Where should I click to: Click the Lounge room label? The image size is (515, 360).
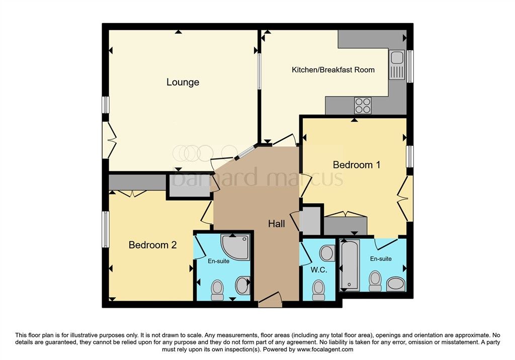183,82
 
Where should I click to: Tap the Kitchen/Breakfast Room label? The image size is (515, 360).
333,69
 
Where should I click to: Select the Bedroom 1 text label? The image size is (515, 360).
357,164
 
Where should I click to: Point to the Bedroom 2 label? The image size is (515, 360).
152,245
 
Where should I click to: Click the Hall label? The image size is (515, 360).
276,224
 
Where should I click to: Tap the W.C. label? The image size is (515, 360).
318,270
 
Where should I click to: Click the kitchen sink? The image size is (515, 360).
397,65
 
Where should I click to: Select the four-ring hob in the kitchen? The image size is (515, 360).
363,106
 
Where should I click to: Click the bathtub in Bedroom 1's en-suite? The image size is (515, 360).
349,265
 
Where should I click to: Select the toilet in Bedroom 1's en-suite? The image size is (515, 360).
375,281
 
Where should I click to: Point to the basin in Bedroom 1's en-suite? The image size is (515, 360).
396,284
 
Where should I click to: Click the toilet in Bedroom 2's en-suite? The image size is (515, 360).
217,290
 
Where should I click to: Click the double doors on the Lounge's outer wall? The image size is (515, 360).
109,140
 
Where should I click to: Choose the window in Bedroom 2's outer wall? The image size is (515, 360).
105,229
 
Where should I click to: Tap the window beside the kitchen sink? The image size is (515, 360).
410,66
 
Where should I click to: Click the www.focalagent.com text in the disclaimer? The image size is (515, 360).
325,349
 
